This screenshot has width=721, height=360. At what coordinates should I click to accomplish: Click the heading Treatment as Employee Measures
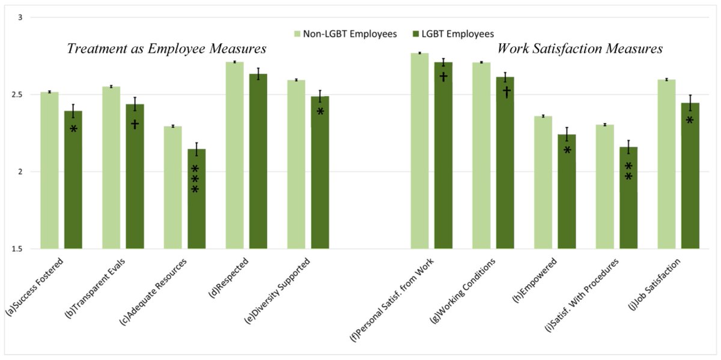click(166, 49)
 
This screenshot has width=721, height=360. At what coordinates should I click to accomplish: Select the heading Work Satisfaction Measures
click(580, 49)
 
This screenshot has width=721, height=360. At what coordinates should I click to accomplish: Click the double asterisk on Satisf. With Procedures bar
click(628, 171)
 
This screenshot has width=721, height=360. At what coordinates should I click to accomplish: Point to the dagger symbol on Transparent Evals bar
click(135, 124)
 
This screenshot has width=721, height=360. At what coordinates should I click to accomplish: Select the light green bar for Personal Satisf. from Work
click(419, 151)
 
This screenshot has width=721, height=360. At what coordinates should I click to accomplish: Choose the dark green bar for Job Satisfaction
click(690, 180)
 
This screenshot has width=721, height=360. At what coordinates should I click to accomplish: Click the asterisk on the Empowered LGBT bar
click(567, 150)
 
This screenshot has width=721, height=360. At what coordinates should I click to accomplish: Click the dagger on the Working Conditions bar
click(505, 92)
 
